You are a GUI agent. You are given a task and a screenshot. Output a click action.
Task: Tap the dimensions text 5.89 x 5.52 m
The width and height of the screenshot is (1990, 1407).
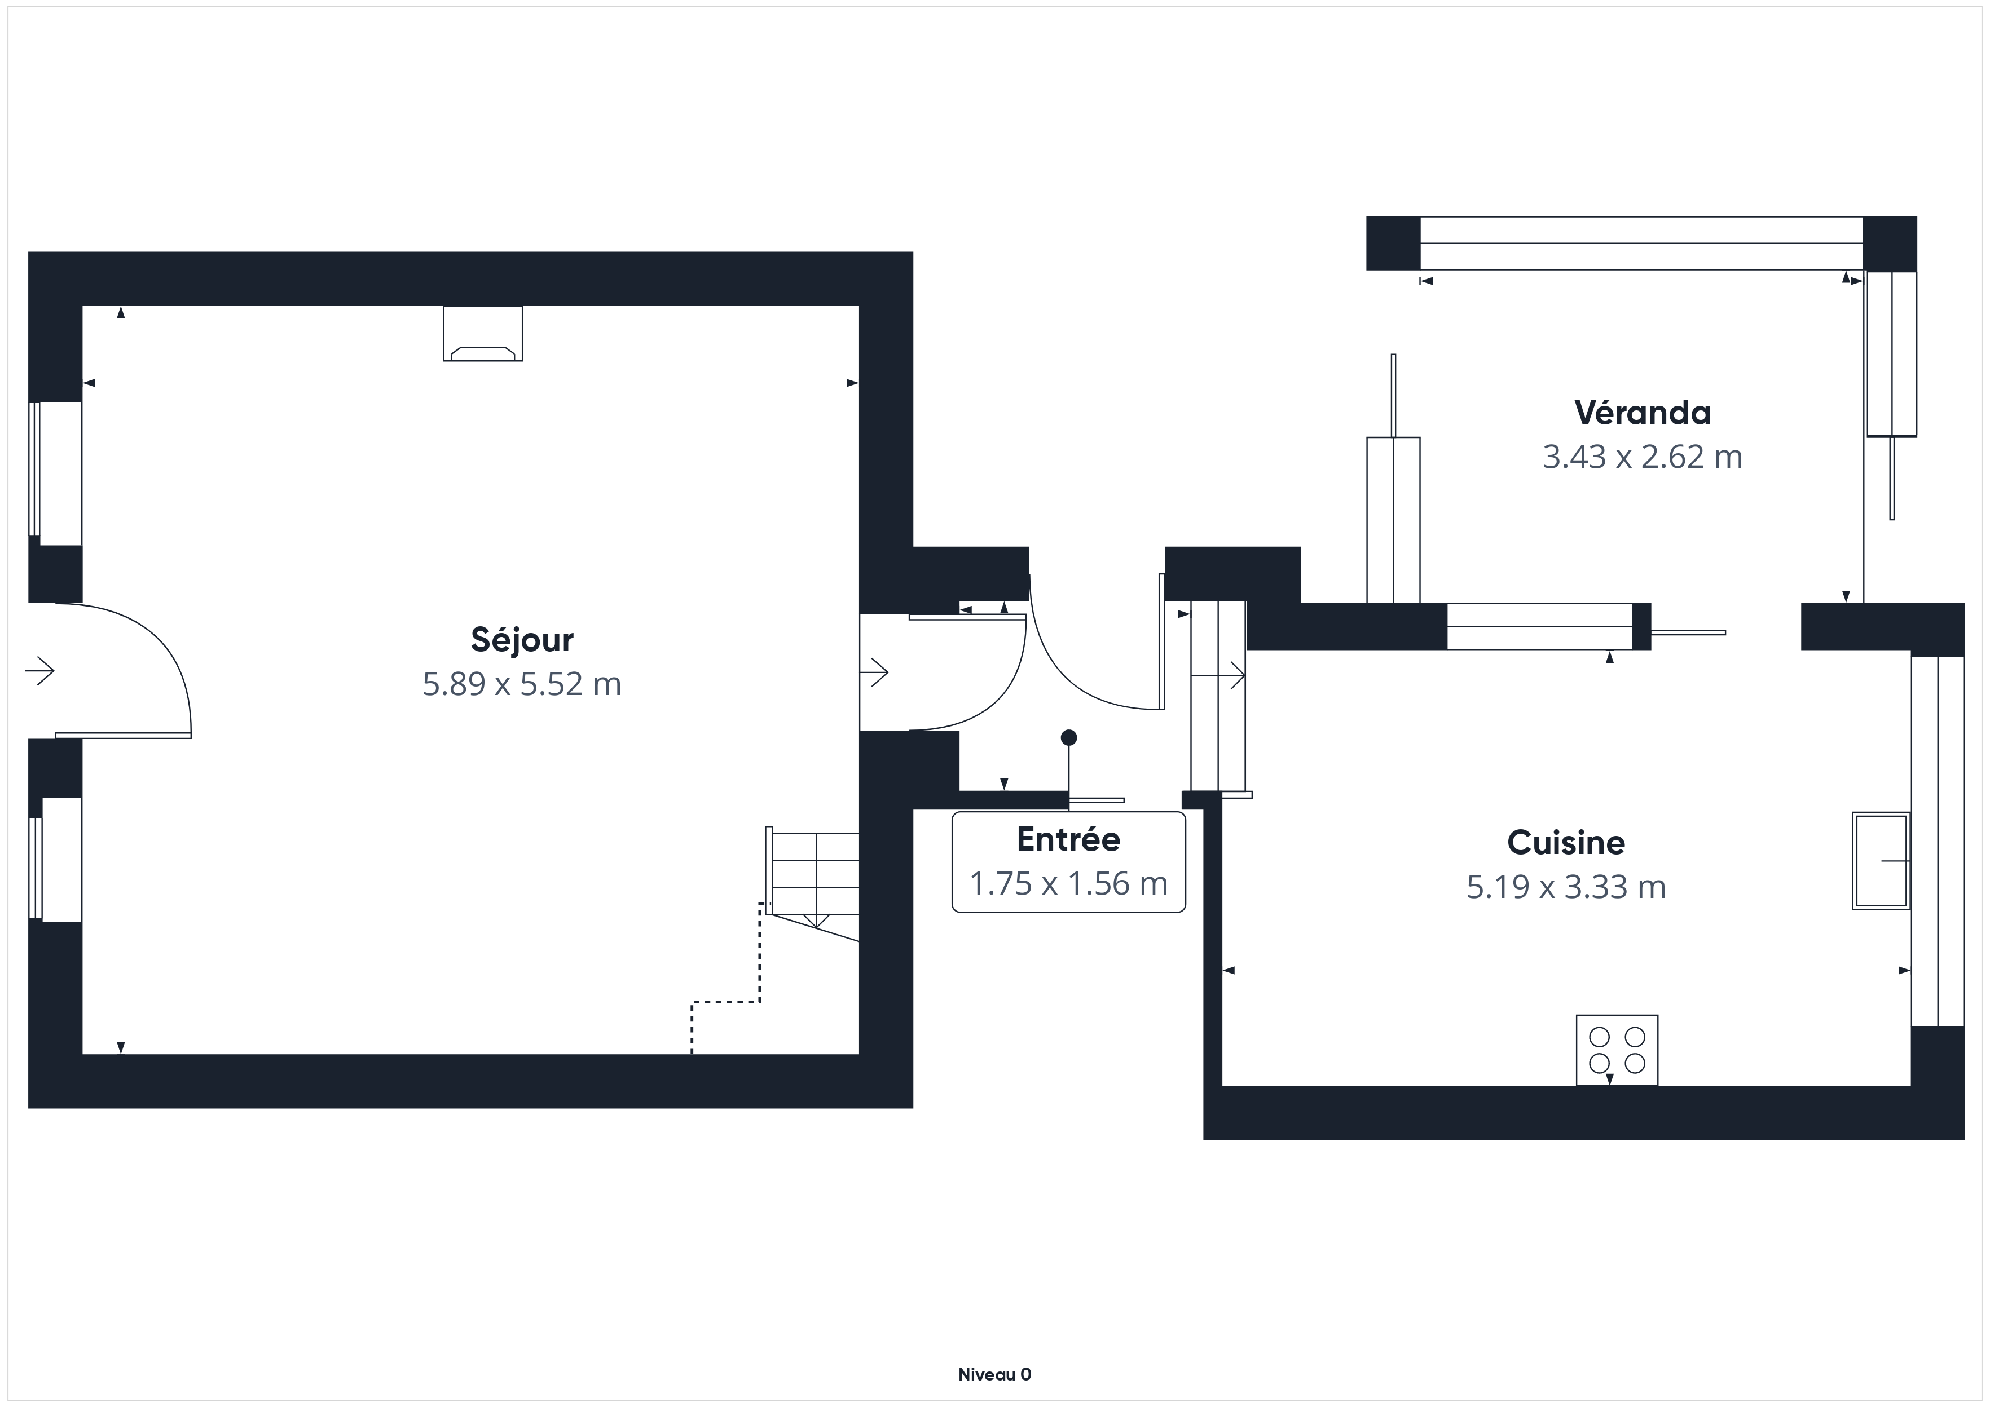pos(522,684)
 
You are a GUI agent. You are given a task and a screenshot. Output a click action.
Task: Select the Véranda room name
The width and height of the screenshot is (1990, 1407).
pos(1643,413)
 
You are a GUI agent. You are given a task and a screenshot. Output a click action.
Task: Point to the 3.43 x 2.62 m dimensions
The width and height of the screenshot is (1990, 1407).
pos(1643,457)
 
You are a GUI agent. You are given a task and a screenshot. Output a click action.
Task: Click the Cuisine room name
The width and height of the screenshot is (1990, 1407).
pos(1566,842)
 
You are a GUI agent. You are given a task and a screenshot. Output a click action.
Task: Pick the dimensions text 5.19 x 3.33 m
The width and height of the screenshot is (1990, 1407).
pos(1566,887)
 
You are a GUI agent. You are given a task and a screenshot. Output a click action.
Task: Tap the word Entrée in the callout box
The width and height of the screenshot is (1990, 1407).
pos(1069,839)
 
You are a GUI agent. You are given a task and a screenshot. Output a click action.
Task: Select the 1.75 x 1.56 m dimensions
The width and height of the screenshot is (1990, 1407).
pos(1069,884)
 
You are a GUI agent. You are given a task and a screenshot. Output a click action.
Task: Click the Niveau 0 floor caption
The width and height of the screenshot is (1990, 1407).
pos(995,1375)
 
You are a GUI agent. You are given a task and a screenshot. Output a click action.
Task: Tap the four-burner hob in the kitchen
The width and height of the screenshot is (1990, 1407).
pos(1617,1050)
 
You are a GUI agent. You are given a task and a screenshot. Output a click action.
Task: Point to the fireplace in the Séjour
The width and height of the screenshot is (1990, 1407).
pos(483,334)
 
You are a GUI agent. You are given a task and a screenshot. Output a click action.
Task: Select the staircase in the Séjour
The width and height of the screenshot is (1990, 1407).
pos(813,884)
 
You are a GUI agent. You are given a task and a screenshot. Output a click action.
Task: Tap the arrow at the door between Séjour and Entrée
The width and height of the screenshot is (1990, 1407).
pos(874,671)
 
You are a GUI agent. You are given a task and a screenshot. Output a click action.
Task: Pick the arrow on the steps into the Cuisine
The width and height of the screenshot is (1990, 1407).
pos(1218,674)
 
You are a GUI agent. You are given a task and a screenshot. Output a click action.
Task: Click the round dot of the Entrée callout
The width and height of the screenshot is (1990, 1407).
pos(1069,737)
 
